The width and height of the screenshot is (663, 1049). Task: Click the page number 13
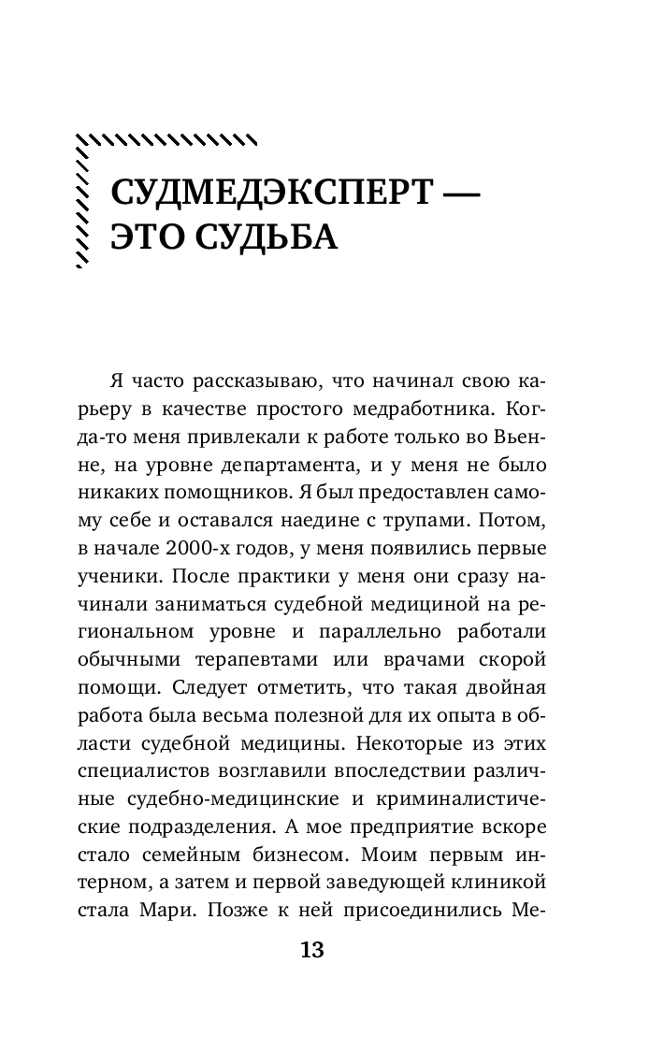click(x=311, y=951)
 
